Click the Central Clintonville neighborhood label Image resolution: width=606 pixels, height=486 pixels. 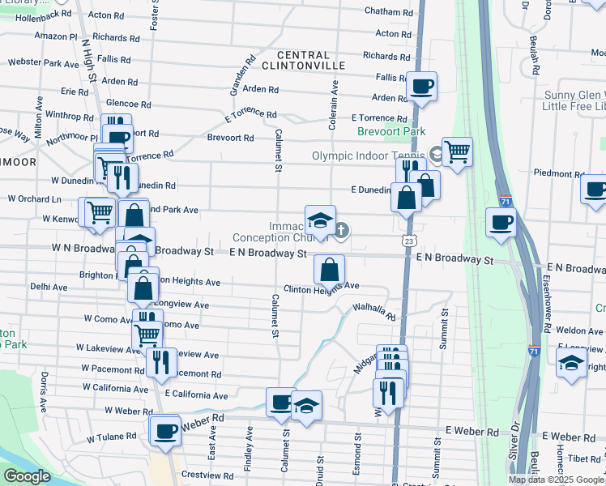pos(304,59)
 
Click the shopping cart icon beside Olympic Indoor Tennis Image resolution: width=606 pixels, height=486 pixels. pos(458,151)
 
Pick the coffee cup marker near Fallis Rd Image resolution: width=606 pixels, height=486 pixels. pos(421,86)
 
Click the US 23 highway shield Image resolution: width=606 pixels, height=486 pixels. pos(410,241)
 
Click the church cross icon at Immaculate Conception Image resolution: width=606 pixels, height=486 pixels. pos(342,231)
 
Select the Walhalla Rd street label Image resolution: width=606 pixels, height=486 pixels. pos(373,311)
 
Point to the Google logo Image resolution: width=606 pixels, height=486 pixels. pos(27,476)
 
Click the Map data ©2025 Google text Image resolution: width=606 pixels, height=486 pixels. pos(556,480)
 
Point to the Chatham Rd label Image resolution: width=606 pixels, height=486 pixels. pos(389,12)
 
